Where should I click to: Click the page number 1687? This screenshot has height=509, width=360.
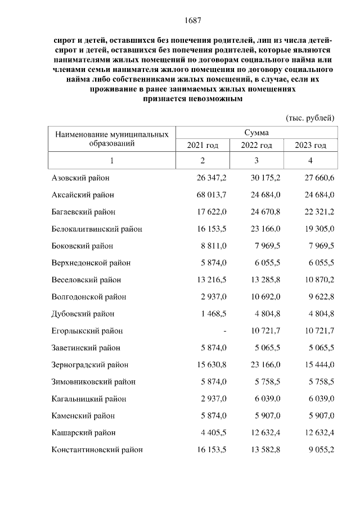[193, 21]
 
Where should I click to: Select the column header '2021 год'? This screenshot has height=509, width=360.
[202, 146]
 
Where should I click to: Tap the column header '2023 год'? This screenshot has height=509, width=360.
[310, 146]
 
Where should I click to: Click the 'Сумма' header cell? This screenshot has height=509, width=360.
[256, 133]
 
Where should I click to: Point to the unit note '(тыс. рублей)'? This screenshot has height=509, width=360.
[310, 118]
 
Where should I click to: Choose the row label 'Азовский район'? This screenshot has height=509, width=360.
[79, 178]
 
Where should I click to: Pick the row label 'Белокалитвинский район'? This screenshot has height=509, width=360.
[96, 229]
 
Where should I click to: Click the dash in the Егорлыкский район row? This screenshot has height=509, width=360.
[224, 331]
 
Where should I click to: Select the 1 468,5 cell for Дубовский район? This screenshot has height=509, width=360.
[214, 314]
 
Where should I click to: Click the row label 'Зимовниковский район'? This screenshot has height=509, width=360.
[93, 381]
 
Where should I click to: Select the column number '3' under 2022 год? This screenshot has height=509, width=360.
[256, 161]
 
